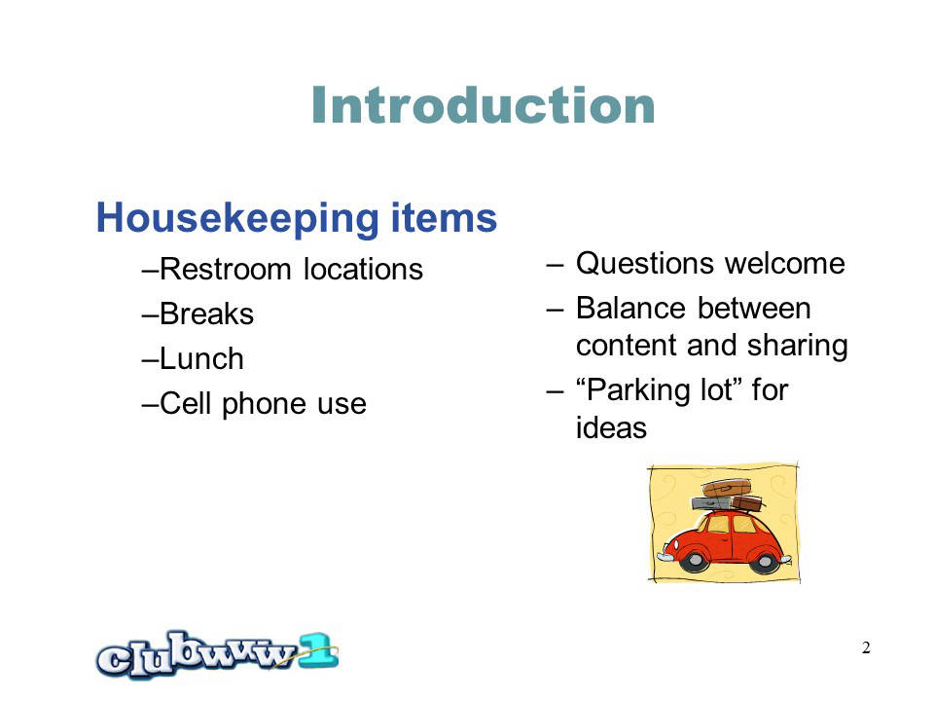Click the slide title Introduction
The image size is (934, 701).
click(484, 105)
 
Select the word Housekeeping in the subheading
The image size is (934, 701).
click(237, 219)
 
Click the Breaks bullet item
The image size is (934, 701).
click(198, 314)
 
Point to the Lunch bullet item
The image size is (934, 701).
click(193, 358)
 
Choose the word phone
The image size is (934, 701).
click(264, 405)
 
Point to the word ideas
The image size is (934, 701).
click(611, 427)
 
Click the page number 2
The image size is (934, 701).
click(866, 647)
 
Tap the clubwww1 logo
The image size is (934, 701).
click(217, 654)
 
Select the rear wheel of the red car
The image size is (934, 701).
click(765, 562)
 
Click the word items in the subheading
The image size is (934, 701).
click(445, 217)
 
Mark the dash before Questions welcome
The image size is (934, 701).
click(555, 265)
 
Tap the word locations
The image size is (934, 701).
click(363, 269)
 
